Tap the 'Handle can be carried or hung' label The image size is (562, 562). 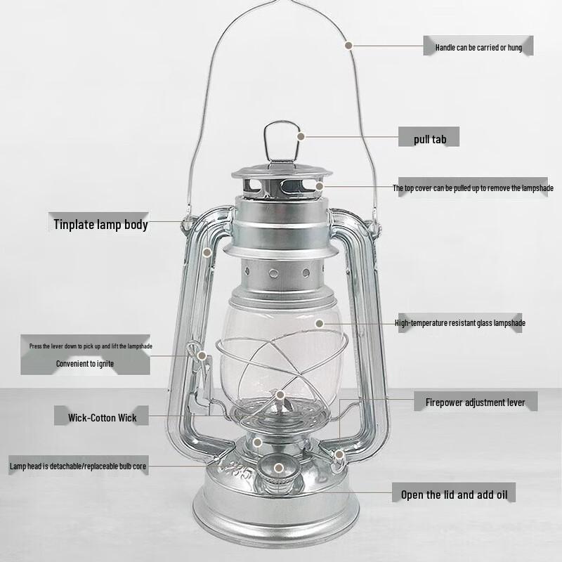point(478,46)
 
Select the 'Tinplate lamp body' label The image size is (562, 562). point(100,225)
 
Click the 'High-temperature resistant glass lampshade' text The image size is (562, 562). point(459,323)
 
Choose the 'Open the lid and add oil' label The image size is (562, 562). point(453,495)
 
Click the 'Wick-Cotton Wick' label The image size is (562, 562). point(103,417)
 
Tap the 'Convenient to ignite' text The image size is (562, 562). point(85,364)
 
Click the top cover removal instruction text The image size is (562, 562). point(472,188)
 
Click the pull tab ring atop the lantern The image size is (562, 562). point(279,140)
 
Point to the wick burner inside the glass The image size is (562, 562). point(281,401)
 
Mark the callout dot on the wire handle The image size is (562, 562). point(349,44)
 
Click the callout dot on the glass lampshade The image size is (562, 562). point(319,323)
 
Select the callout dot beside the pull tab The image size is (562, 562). point(301,136)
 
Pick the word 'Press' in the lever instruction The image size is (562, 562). point(35,346)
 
